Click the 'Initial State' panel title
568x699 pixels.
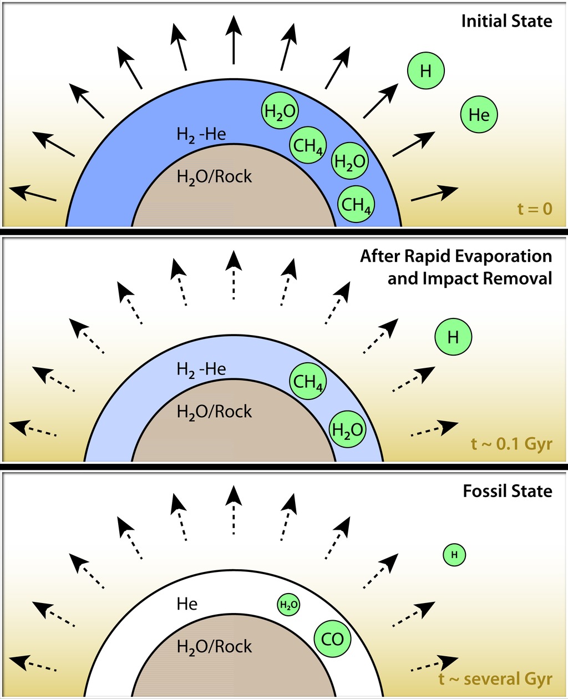[x=506, y=22]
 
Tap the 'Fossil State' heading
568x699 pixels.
[x=508, y=491]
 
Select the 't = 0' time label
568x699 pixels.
[x=535, y=209]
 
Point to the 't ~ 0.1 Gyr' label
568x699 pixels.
[x=511, y=444]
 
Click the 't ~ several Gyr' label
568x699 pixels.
[x=495, y=679]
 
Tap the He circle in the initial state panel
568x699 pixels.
[x=479, y=115]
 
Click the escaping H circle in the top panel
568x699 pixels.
[x=426, y=71]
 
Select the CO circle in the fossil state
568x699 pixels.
[x=333, y=639]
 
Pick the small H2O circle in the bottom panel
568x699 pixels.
[x=288, y=605]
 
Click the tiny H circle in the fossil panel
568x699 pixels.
[x=454, y=554]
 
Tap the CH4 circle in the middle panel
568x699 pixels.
[x=308, y=381]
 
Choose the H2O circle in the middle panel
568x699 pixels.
[x=348, y=429]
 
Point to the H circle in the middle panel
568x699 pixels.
[x=453, y=337]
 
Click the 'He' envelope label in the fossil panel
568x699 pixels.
[x=187, y=604]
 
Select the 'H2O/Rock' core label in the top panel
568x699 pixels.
[x=214, y=177]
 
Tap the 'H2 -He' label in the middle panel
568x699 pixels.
[x=201, y=369]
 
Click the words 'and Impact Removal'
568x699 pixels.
[x=469, y=278]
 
